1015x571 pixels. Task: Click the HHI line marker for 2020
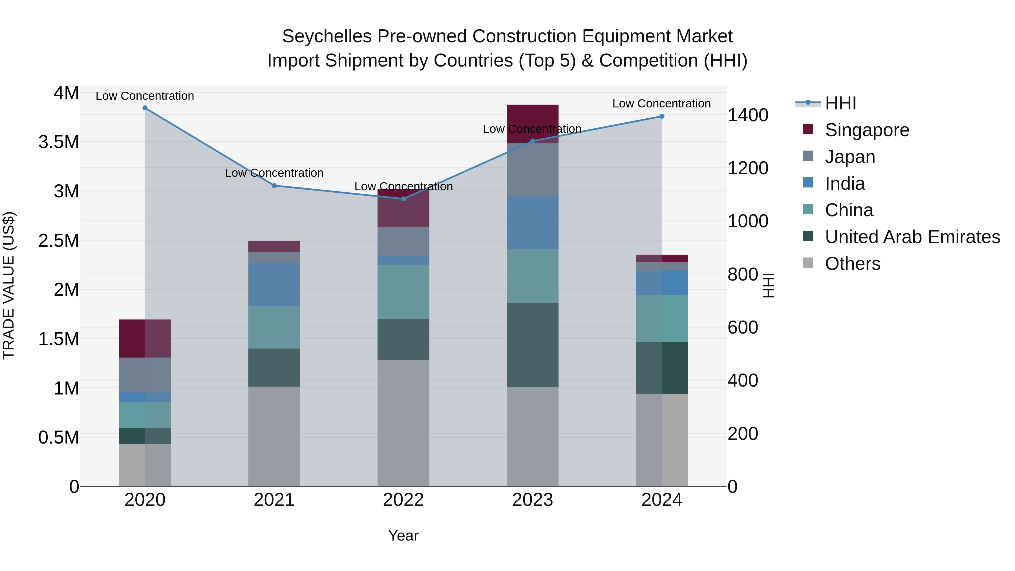[145, 108]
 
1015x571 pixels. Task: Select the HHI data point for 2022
[403, 199]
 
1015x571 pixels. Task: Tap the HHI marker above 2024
[661, 116]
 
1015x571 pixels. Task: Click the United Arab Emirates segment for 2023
[532, 345]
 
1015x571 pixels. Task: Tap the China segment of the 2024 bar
[661, 318]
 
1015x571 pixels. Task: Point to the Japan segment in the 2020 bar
[145, 375]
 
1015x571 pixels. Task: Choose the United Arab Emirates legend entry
[912, 237]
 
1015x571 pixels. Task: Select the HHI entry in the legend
[840, 103]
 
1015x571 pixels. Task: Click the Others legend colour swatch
[808, 263]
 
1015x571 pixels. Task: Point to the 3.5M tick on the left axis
[59, 142]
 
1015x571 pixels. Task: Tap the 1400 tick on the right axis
[747, 115]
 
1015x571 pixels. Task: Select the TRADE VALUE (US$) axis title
[9, 285]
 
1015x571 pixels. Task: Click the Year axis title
[403, 535]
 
